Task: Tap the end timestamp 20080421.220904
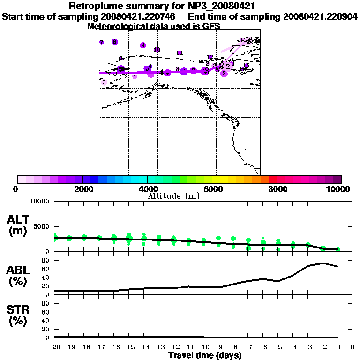[320, 17]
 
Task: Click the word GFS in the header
[211, 26]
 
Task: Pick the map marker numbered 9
[143, 45]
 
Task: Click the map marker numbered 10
[157, 50]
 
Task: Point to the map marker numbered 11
[180, 53]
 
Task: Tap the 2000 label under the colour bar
[82, 189]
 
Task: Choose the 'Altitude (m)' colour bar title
[173, 196]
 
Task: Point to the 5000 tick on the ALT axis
[42, 226]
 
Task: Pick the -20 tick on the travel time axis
[54, 347]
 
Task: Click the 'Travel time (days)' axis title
[205, 356]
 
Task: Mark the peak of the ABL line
[323, 263]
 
